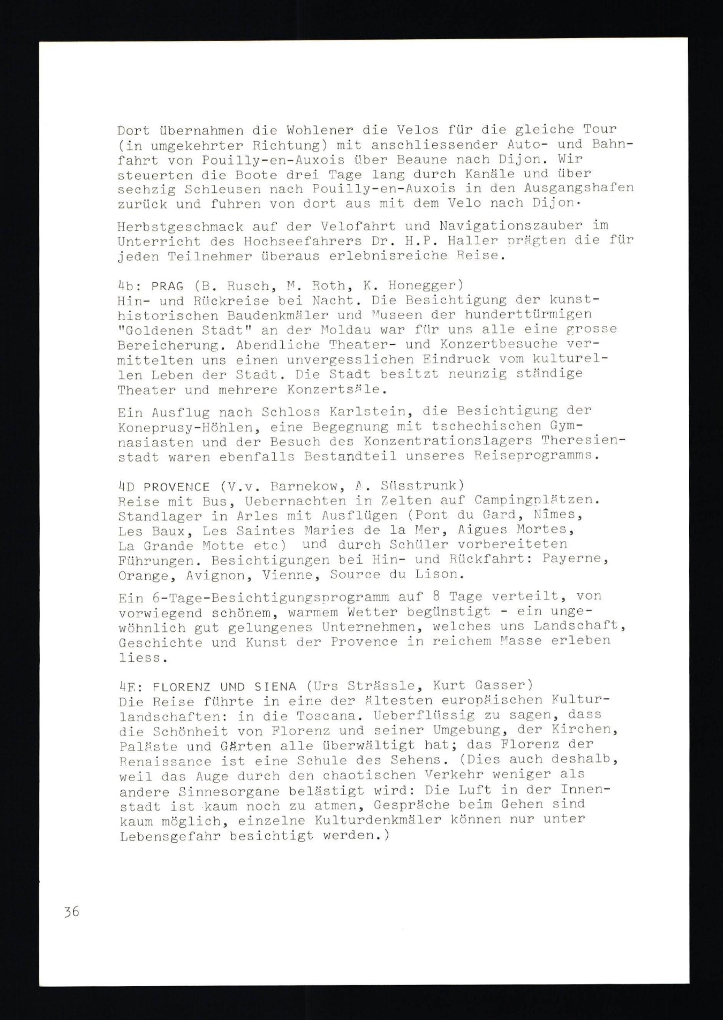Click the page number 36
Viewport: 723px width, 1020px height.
coord(71,912)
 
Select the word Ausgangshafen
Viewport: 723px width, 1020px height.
coord(578,188)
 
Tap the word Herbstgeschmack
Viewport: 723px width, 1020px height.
coord(180,227)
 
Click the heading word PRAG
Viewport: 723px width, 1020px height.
coord(167,286)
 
